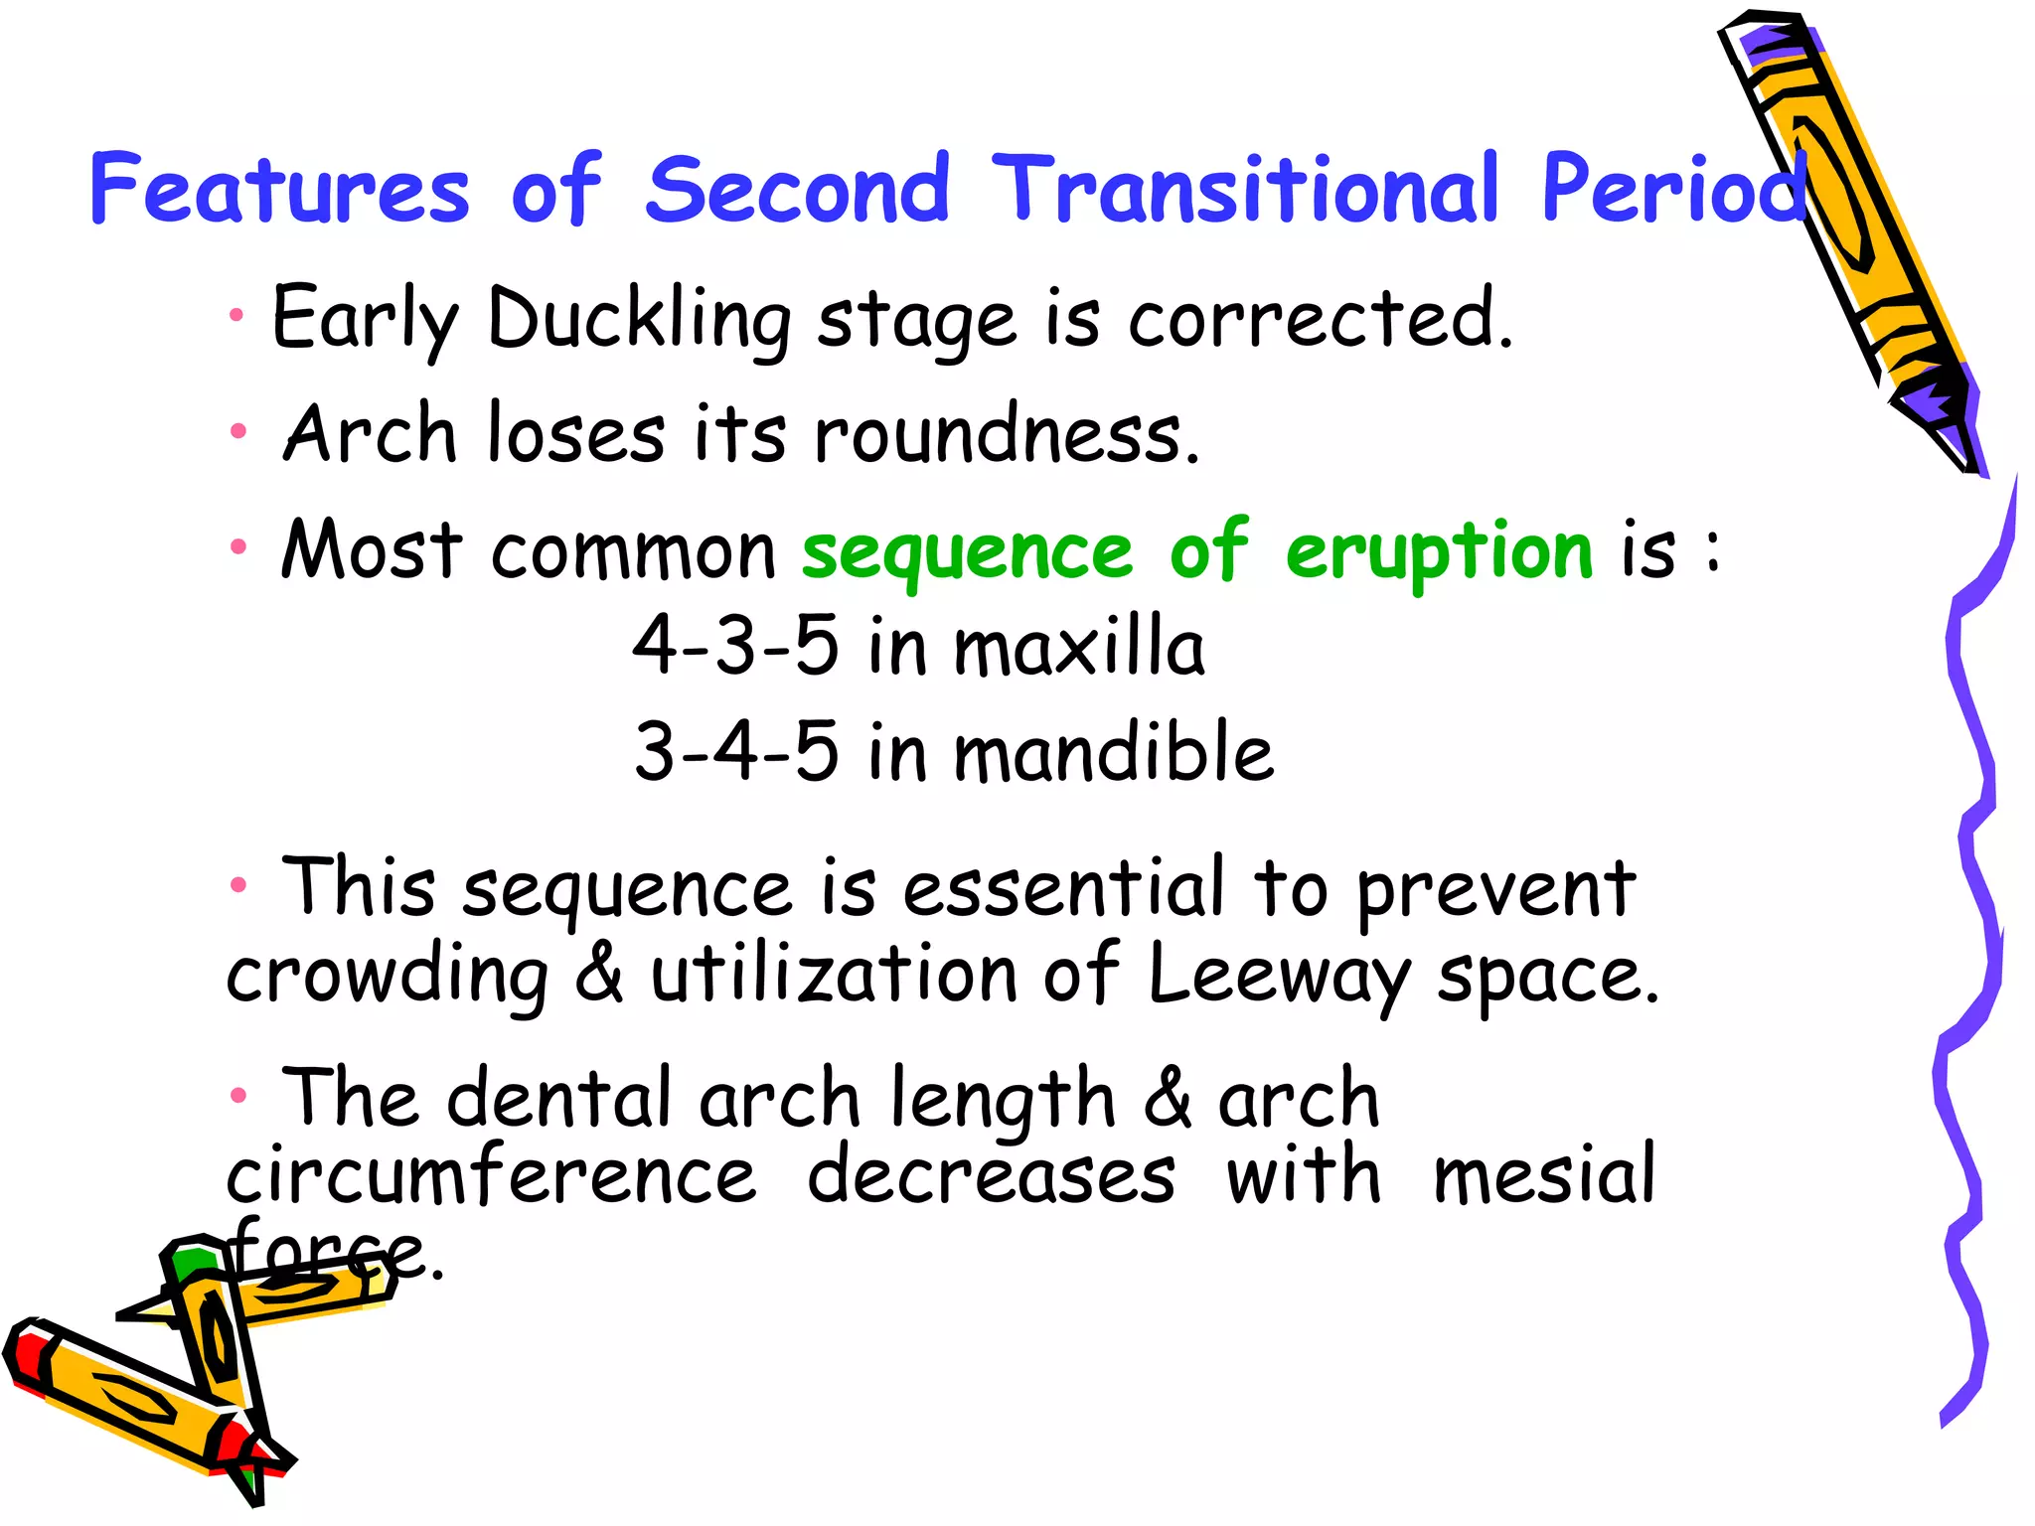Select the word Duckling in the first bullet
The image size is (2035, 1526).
coord(639,320)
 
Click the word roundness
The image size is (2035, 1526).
coord(1007,434)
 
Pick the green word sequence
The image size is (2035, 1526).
coord(967,552)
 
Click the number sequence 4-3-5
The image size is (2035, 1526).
coord(735,645)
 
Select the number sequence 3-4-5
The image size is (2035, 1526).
coord(736,751)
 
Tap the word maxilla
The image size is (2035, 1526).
coord(1079,647)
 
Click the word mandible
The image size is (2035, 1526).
coord(1113,752)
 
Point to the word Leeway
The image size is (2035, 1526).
coord(1279,976)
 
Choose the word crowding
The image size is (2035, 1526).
coord(387,976)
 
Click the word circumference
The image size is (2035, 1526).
coord(491,1176)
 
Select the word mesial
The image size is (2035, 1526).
coord(1544,1175)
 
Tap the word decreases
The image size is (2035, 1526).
coord(991,1176)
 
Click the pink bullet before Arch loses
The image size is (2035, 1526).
coord(237,431)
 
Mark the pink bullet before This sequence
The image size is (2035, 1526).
coord(237,884)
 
